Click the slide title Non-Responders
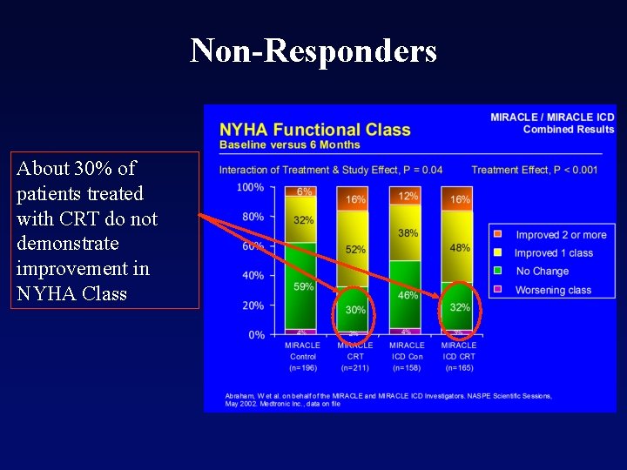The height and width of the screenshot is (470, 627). tap(313, 50)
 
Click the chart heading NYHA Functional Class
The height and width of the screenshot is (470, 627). tap(314, 130)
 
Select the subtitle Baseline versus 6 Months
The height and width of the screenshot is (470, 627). tap(289, 144)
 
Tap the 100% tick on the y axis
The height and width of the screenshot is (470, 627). tap(251, 187)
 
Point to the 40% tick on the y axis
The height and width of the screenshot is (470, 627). tap(253, 276)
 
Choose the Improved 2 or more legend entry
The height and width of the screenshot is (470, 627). tap(560, 235)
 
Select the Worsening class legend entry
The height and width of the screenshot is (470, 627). tap(552, 290)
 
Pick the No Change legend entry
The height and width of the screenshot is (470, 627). tap(542, 272)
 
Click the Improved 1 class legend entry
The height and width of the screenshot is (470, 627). tap(553, 253)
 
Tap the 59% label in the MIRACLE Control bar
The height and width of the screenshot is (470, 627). tap(303, 286)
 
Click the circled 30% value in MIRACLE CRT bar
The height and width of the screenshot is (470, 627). tap(355, 310)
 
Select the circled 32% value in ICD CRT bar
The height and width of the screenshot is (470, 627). tap(460, 307)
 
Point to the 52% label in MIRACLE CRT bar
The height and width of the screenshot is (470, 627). tap(355, 250)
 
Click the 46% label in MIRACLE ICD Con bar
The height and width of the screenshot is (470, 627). tap(408, 296)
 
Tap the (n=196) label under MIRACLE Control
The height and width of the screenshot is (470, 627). tap(303, 368)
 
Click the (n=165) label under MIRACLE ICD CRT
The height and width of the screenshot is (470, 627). tap(459, 368)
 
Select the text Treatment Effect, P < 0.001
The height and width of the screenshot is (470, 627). tap(534, 170)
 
